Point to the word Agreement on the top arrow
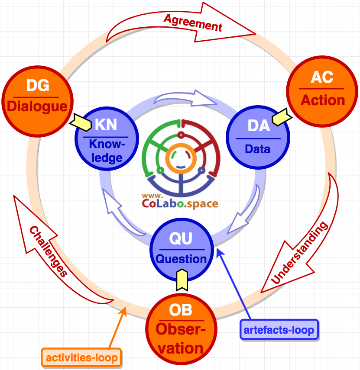coord(193,23)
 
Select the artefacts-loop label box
coord(279,330)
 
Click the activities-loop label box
coord(82,358)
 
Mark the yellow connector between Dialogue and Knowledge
coord(80,122)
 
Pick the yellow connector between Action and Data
coord(281,117)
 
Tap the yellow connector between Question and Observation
coord(182,280)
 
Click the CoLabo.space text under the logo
coord(179,203)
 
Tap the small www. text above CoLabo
coord(152,194)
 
